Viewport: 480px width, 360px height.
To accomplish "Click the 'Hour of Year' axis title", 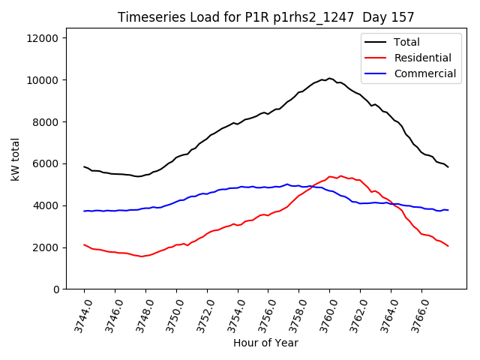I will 265,343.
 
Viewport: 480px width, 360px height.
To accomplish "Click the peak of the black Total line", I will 329,78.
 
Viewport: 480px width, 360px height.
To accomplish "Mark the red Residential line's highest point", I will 340,176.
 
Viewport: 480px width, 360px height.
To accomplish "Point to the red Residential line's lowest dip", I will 141,256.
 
